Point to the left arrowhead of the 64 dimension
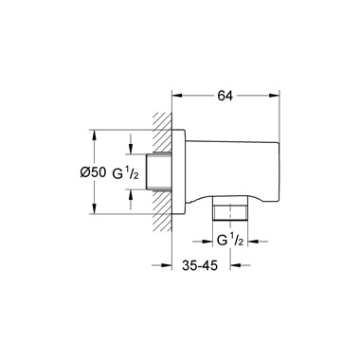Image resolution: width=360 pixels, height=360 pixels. click(x=176, y=95)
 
